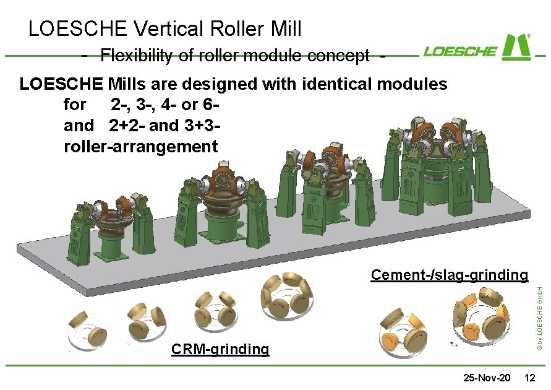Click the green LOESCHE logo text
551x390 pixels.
pyautogui.click(x=460, y=51)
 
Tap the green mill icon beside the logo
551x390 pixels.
pyautogui.click(x=517, y=46)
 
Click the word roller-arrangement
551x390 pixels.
pyautogui.click(x=140, y=147)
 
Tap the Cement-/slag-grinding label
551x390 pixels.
pyautogui.click(x=449, y=275)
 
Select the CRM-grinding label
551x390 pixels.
pyautogui.click(x=220, y=350)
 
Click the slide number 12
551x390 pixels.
pyautogui.click(x=529, y=378)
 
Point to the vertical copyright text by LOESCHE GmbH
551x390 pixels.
pyautogui.click(x=540, y=323)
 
